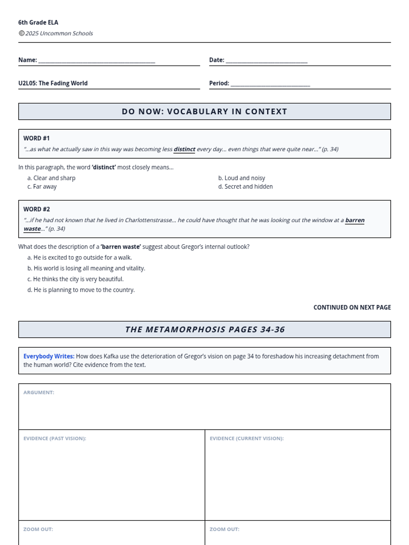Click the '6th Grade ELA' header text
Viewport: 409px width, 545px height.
point(38,22)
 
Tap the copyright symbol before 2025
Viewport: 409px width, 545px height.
point(21,33)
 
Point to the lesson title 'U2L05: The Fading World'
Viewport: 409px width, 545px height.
point(53,83)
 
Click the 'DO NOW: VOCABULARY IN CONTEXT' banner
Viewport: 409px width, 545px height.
point(204,111)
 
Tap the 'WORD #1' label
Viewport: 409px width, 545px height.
point(36,138)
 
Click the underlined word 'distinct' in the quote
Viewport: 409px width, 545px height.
point(184,149)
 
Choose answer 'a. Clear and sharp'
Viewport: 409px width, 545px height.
point(51,178)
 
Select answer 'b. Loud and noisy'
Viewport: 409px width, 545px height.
point(242,178)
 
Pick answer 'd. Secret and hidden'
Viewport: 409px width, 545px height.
point(245,187)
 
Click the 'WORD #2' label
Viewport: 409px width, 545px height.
point(36,209)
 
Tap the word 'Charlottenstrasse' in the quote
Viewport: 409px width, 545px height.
point(149,220)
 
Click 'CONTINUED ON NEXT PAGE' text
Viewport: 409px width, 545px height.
point(352,307)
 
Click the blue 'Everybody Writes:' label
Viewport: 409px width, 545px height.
point(49,356)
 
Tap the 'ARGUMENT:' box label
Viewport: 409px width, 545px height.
point(39,392)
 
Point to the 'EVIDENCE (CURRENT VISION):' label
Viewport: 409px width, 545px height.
point(247,438)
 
